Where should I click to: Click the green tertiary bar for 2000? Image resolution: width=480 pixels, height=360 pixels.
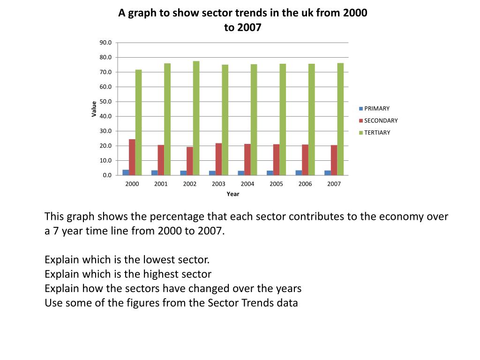point(138,122)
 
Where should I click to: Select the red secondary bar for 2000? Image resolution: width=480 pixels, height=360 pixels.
point(132,157)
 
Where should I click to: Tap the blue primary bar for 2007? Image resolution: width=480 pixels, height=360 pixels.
point(328,172)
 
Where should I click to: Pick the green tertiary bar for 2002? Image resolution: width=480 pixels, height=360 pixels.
point(196,118)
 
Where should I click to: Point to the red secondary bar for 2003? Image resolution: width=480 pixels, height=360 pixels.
point(219,159)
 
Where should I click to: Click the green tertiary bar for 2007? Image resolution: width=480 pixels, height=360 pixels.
point(340,119)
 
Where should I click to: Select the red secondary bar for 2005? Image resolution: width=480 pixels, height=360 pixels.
point(277,159)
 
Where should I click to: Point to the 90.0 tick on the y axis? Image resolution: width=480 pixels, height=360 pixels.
point(105,43)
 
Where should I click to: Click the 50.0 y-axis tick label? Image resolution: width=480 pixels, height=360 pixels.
point(105,102)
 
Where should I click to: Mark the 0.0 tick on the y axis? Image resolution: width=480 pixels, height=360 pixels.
point(107,175)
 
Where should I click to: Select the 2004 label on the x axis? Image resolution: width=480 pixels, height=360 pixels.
point(247,184)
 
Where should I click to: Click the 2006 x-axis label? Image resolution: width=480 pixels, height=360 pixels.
point(305,184)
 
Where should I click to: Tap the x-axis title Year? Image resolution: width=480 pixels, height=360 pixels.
point(233,194)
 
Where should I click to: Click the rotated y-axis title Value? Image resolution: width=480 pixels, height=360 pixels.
point(94,109)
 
